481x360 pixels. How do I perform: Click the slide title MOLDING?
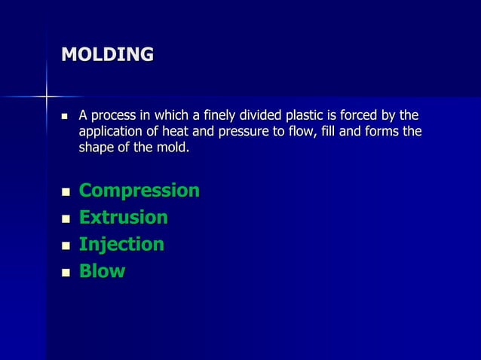(107, 55)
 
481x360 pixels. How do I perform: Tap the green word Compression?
(139, 191)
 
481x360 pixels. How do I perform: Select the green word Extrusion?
(124, 218)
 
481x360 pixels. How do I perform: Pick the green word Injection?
(121, 245)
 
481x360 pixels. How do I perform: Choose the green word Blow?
(102, 271)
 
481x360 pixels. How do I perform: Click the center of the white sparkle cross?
(47, 96)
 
